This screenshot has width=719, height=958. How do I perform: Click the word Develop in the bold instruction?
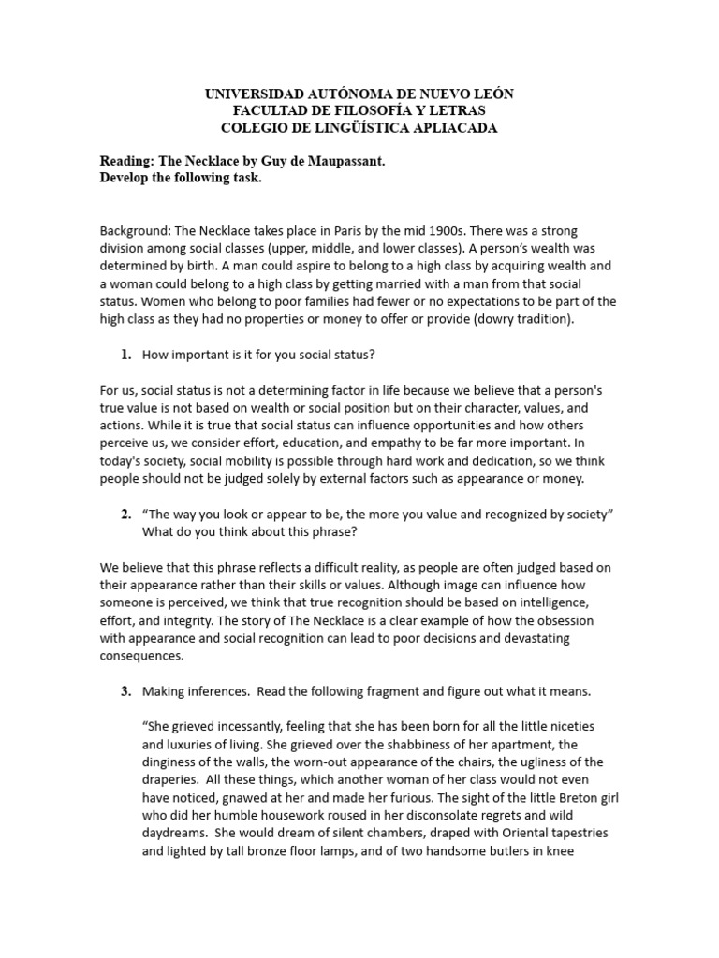point(126,179)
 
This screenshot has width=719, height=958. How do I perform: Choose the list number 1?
point(125,355)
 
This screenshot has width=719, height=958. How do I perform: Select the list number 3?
point(125,691)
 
